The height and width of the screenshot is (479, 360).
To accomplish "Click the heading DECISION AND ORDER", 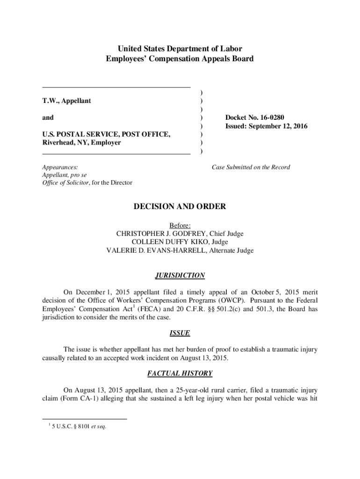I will click(180, 206).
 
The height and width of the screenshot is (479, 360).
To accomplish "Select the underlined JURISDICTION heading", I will click(180, 276).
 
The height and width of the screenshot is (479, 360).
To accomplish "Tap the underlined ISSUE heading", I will click(180, 333).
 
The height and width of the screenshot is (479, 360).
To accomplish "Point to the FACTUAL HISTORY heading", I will click(180, 373).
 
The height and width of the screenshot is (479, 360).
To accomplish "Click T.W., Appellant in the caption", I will click(67, 101).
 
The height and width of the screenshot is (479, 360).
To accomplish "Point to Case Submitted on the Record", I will click(251, 167).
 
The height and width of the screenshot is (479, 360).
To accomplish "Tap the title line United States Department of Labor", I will click(180, 49).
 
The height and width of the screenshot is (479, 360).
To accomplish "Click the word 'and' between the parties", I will click(48, 118).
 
